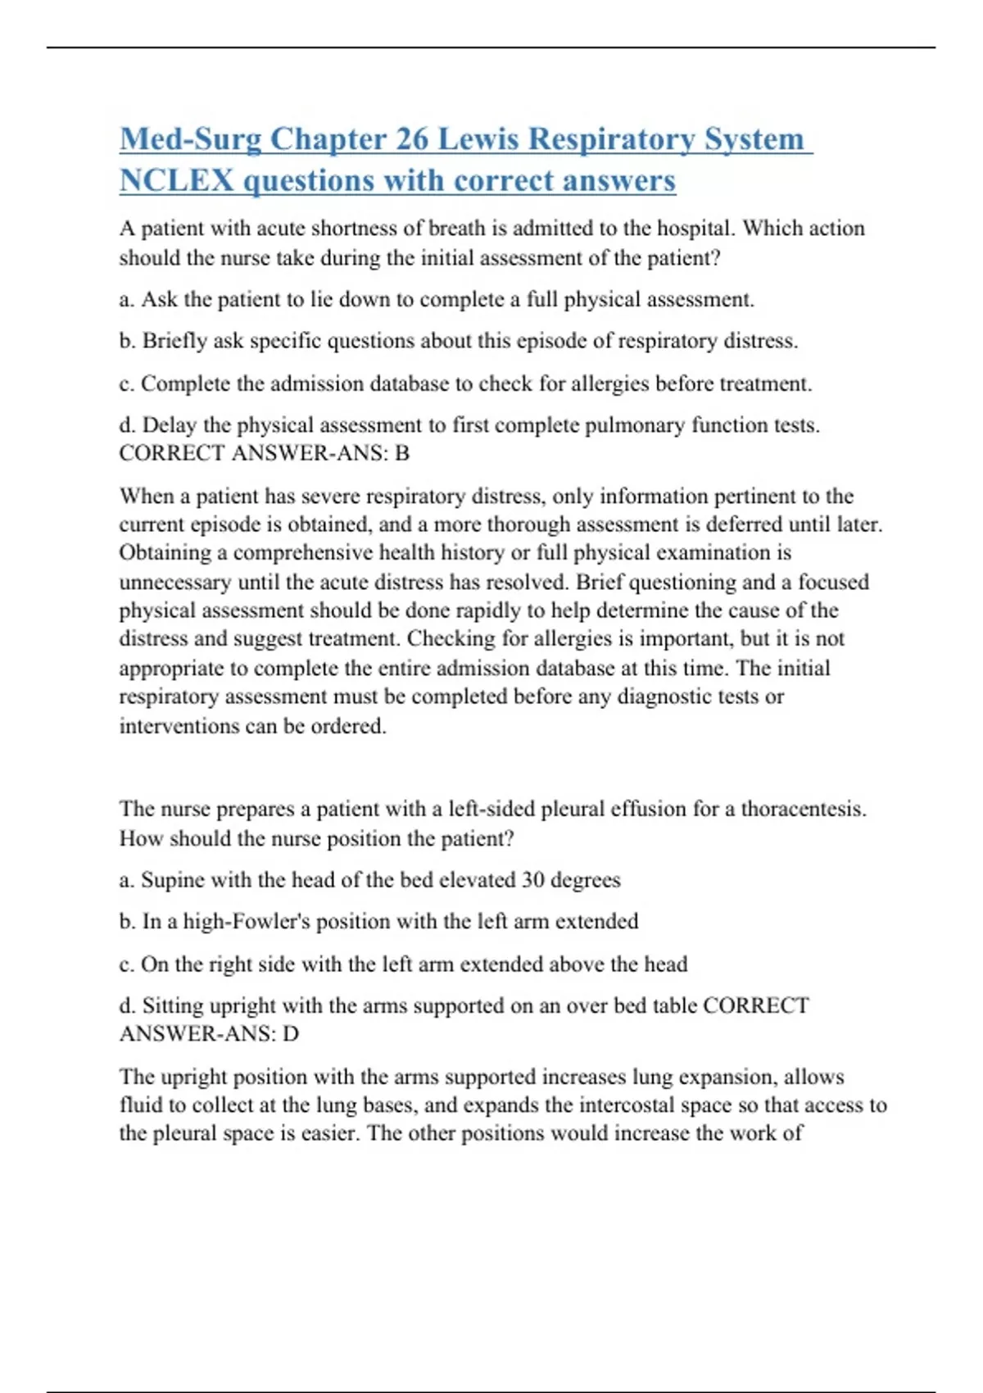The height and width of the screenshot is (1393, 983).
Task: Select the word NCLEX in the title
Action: pos(176,181)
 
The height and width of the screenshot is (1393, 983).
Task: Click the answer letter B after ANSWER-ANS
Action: pos(402,453)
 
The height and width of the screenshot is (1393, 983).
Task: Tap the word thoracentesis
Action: pos(803,810)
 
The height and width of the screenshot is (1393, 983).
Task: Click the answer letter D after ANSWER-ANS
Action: pos(291,1034)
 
